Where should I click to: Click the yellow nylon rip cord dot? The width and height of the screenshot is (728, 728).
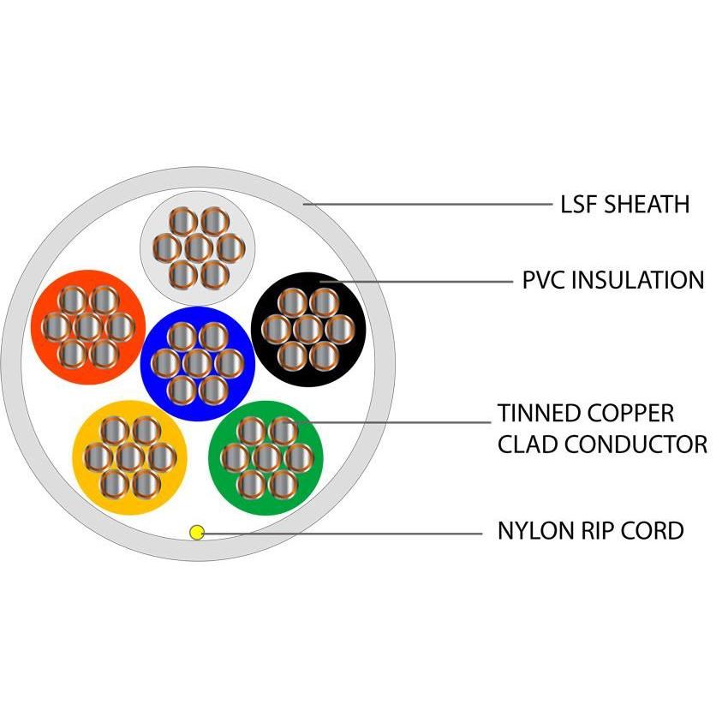click(x=197, y=533)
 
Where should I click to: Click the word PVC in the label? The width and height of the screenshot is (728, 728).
click(x=543, y=280)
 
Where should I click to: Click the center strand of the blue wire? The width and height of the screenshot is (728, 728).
click(x=197, y=362)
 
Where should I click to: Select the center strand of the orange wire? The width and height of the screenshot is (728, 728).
click(x=87, y=326)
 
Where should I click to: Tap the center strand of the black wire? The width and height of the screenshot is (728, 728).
click(x=308, y=328)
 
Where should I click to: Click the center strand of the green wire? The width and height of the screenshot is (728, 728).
click(x=266, y=457)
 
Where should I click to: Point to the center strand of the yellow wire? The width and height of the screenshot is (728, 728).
click(x=129, y=457)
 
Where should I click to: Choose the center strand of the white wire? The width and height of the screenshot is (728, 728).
click(x=198, y=248)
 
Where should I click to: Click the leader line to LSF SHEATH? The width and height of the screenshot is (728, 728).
click(x=428, y=205)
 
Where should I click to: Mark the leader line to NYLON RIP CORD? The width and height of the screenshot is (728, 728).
click(x=343, y=533)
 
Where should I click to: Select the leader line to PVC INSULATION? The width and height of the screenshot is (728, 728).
click(x=420, y=280)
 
